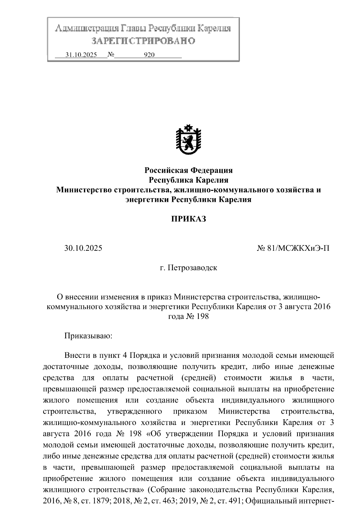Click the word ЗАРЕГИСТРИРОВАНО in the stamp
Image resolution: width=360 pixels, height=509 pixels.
[x=143, y=41]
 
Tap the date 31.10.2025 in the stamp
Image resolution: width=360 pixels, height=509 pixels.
[x=81, y=55]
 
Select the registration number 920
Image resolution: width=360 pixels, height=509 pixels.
[x=149, y=55]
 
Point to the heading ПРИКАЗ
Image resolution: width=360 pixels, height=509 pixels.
[x=188, y=219]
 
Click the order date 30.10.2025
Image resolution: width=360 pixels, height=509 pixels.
[x=83, y=248]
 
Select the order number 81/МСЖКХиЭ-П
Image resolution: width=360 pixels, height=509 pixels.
[x=297, y=248]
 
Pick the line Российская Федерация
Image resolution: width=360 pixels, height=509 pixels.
[x=188, y=171]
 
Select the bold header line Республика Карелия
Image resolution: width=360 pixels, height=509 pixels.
[x=188, y=180]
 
